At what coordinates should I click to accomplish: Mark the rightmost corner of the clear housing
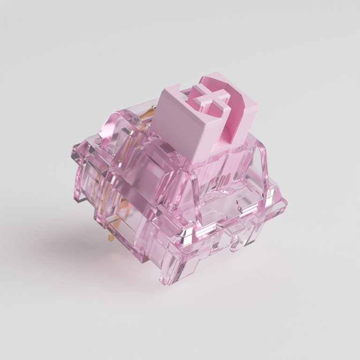tap(285, 204)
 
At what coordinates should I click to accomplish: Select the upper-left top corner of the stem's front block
tap(159, 91)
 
